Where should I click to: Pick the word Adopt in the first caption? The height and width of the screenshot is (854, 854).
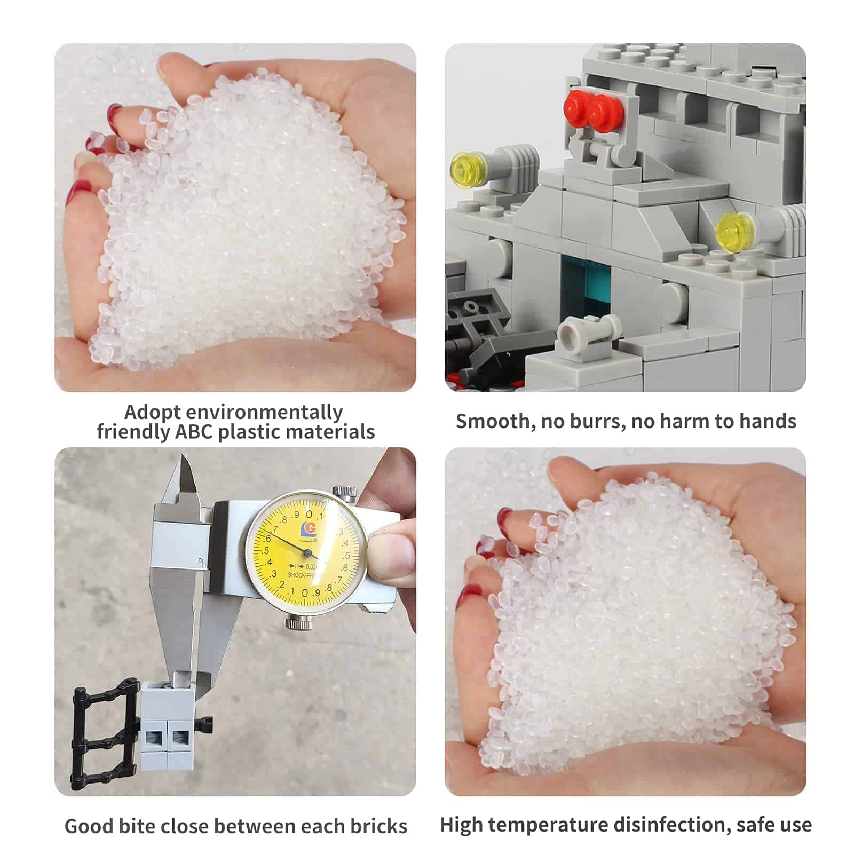[152, 413]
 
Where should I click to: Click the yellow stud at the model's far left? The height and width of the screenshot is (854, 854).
[466, 170]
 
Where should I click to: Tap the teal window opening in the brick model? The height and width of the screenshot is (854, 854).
[586, 283]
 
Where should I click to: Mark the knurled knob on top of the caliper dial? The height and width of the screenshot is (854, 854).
[344, 493]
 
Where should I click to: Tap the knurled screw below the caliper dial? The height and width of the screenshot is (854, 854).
[297, 621]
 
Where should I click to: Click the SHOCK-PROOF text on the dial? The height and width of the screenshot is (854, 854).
[304, 575]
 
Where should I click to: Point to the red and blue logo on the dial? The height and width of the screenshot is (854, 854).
[309, 529]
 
